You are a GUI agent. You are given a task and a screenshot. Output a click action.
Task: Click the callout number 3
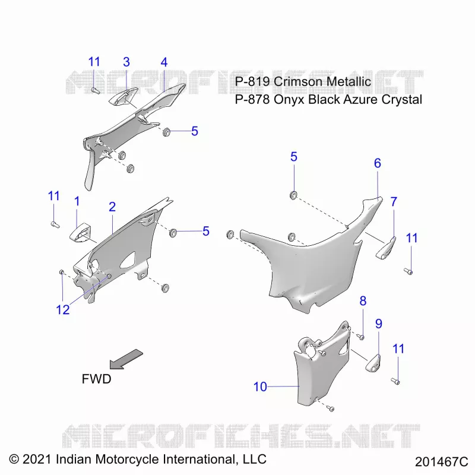[126, 62]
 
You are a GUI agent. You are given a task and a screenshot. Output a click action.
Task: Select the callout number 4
[164, 62]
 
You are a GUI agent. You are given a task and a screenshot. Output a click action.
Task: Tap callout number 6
[377, 163]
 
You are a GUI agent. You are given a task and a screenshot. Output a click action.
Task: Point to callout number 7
[394, 201]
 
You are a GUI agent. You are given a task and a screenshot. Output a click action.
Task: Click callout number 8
[363, 301]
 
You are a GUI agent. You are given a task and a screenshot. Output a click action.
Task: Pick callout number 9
[379, 324]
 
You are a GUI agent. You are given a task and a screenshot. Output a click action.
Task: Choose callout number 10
[260, 387]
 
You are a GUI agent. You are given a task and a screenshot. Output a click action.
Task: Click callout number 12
[63, 309]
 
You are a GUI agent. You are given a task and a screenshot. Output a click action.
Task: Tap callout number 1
[77, 201]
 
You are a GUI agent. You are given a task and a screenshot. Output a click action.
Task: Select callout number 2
[112, 207]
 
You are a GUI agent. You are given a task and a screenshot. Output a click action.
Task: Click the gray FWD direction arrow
[126, 359]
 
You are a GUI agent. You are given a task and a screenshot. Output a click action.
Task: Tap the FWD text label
[96, 379]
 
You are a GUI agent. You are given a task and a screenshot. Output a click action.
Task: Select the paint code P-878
[252, 99]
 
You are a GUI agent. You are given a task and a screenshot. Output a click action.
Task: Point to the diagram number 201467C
[441, 462]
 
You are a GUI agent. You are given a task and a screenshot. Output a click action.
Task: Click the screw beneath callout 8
[360, 337]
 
